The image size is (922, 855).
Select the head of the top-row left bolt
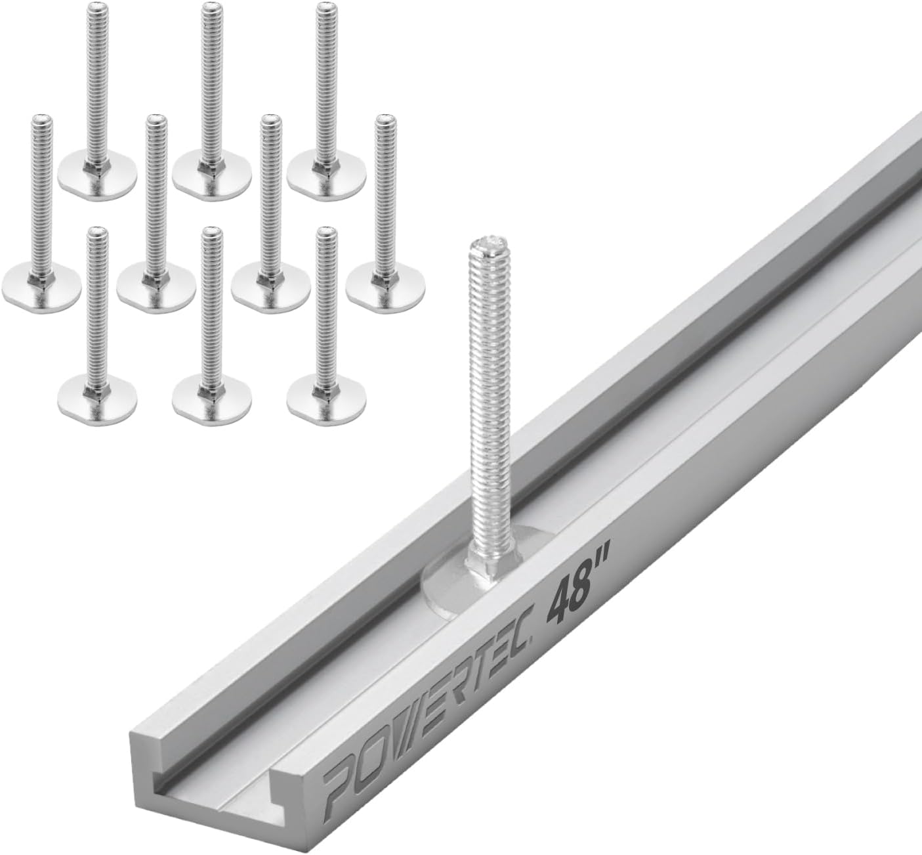coord(97,172)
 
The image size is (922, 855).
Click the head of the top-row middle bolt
coord(212,172)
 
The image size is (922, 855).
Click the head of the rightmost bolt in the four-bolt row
coord(384,284)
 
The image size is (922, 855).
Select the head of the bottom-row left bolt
coord(97,396)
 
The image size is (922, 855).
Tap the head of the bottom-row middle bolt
coord(212,396)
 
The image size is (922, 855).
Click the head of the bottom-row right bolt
coord(326,396)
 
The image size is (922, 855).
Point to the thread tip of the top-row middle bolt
coord(211,9)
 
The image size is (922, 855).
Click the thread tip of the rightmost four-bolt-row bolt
coord(384,121)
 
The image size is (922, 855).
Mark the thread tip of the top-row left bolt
coord(96,9)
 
